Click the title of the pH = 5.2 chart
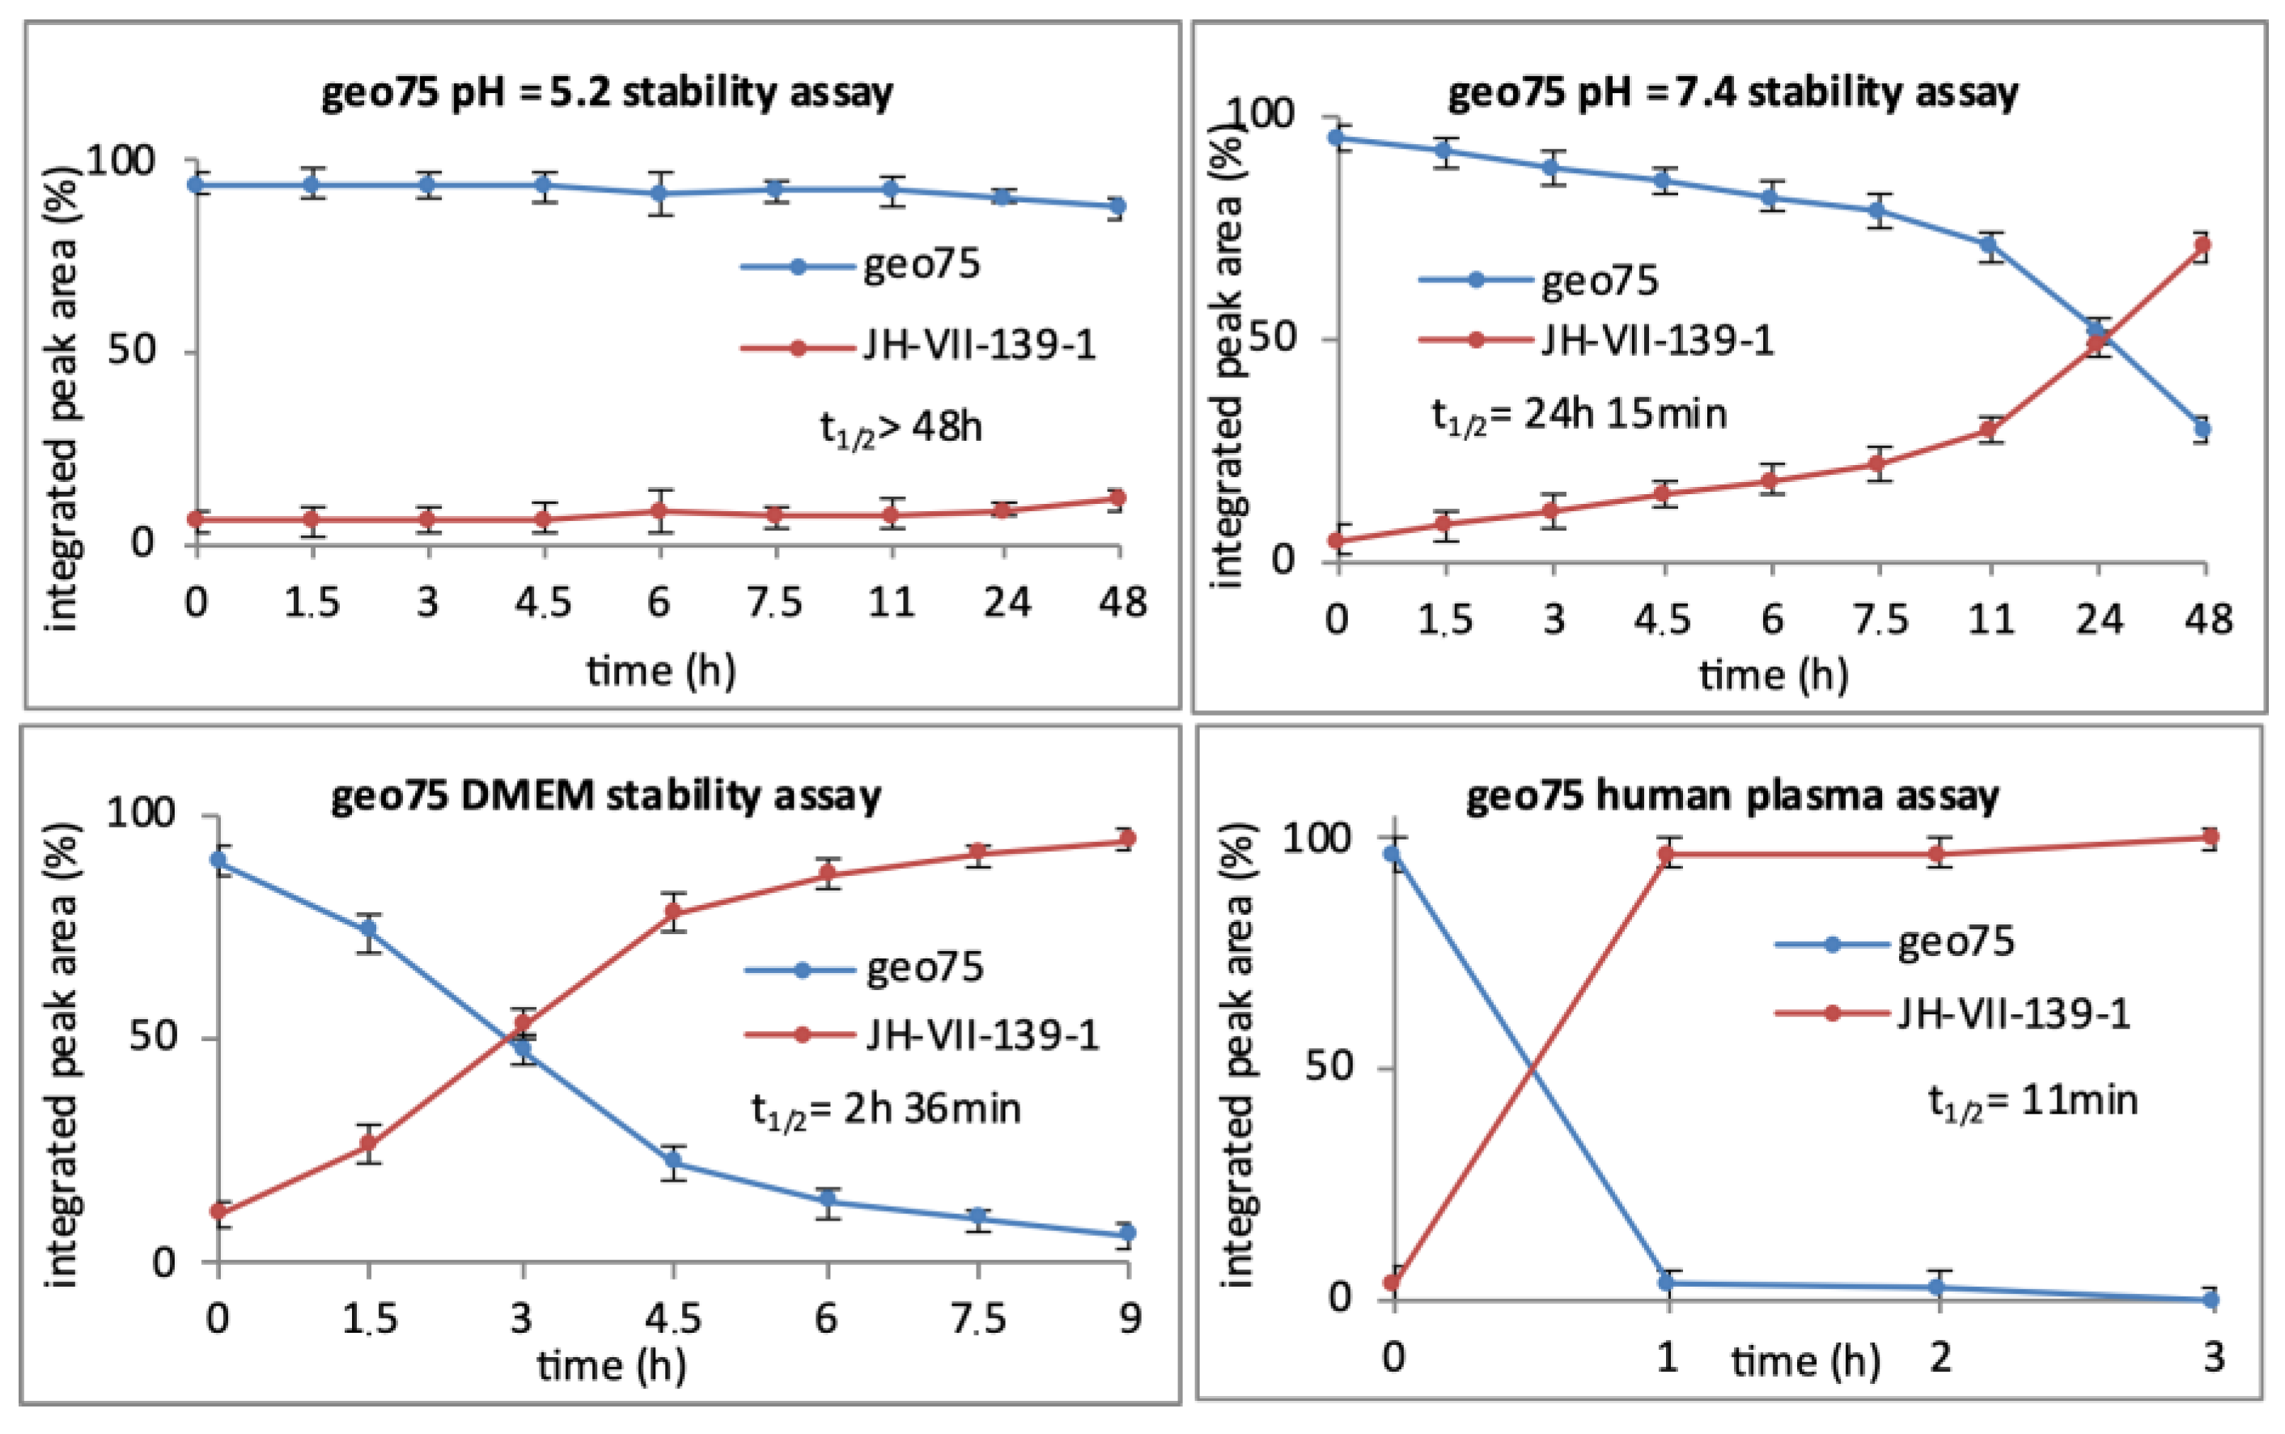coord(607,93)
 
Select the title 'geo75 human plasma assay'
coord(1732,796)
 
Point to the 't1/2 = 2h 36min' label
coord(885,1109)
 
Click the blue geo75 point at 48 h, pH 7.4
coord(2202,429)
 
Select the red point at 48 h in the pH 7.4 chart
coord(2202,246)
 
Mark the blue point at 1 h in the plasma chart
coord(1668,1284)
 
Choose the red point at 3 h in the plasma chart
coord(2211,836)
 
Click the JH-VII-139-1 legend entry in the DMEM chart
coord(981,1034)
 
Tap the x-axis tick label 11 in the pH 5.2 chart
coord(891,603)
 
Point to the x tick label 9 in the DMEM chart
coord(1129,1318)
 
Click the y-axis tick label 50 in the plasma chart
coord(1328,1067)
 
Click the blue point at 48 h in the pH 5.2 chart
coord(1117,205)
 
